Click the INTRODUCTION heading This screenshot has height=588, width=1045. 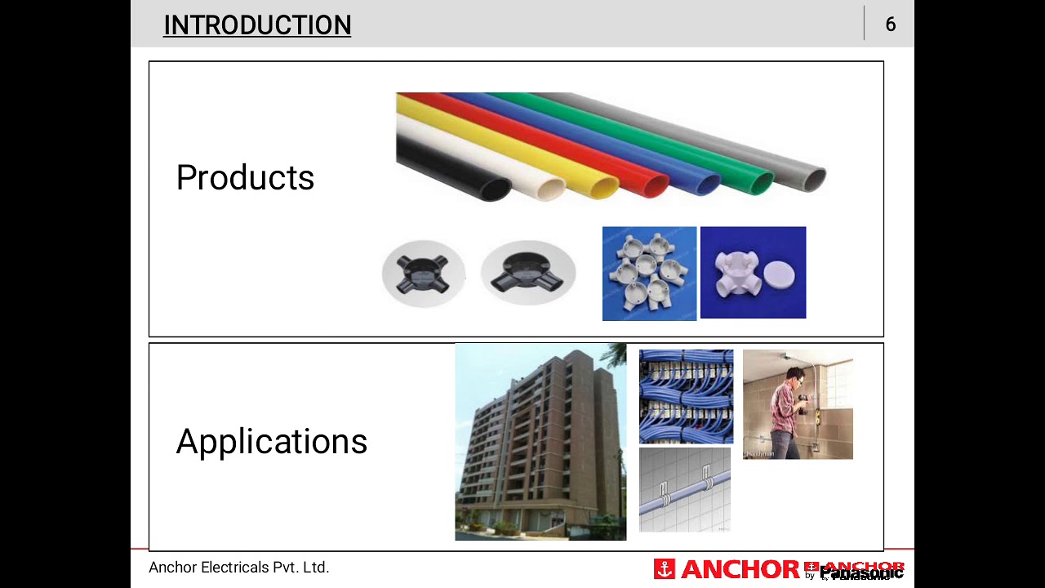[257, 25]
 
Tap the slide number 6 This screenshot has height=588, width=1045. [890, 24]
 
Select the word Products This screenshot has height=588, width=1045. [245, 177]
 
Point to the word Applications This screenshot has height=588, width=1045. [272, 441]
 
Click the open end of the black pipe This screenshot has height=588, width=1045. [496, 189]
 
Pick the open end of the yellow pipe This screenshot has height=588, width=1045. [604, 188]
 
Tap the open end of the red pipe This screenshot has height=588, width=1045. [656, 185]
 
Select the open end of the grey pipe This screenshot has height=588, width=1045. [814, 178]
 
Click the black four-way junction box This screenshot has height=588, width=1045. [424, 274]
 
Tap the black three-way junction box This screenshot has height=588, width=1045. [528, 274]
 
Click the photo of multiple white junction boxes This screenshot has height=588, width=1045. [649, 274]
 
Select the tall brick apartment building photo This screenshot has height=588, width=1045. [540, 442]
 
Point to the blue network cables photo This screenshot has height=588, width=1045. [686, 396]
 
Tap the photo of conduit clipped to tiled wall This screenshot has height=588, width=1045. [684, 489]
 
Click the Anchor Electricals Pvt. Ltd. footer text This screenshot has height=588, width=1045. [238, 568]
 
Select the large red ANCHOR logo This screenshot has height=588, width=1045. [727, 569]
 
